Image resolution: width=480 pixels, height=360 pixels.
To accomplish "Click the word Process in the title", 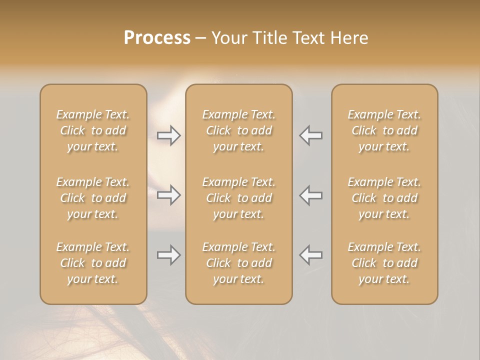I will click(157, 38).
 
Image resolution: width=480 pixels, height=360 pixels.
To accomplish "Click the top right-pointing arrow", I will click(168, 135).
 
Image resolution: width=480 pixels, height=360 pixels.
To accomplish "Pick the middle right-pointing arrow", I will click(168, 195).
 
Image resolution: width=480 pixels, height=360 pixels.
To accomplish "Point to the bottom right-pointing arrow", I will click(168, 255).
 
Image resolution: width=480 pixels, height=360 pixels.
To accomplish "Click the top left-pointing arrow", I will click(311, 135).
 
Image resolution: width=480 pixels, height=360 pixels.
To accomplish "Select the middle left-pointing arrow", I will click(311, 195).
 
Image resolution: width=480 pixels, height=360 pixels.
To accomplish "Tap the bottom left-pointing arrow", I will click(311, 255).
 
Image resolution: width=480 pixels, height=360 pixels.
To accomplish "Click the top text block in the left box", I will click(93, 130).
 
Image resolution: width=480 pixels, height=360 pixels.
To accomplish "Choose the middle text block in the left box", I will click(93, 198).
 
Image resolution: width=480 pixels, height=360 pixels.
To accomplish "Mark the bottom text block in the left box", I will click(93, 263).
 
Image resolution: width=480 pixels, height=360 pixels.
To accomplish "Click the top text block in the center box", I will click(239, 130).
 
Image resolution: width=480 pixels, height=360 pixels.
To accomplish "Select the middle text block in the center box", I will click(239, 198).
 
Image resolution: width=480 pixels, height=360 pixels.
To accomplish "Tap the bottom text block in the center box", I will click(239, 263).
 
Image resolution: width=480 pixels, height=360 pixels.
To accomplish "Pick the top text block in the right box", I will click(384, 130).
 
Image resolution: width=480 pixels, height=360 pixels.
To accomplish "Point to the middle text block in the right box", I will click(384, 198).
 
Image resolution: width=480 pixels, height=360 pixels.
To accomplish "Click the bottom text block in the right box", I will click(384, 263).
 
